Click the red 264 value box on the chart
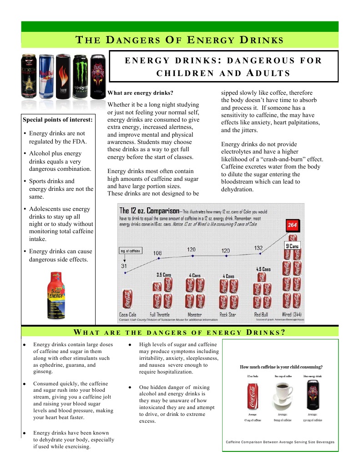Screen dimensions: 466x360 click(x=292, y=225)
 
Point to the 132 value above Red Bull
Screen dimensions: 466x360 click(x=259, y=248)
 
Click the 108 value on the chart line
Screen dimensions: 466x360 click(x=157, y=253)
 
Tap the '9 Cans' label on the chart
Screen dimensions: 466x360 click(x=292, y=246)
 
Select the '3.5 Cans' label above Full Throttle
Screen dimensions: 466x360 click(x=163, y=275)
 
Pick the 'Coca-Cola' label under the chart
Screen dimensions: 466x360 click(x=127, y=315)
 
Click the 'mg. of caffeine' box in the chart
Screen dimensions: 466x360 click(x=131, y=251)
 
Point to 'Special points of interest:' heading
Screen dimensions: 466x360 click(x=57, y=120)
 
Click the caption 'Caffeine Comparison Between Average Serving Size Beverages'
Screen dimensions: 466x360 click(x=280, y=442)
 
